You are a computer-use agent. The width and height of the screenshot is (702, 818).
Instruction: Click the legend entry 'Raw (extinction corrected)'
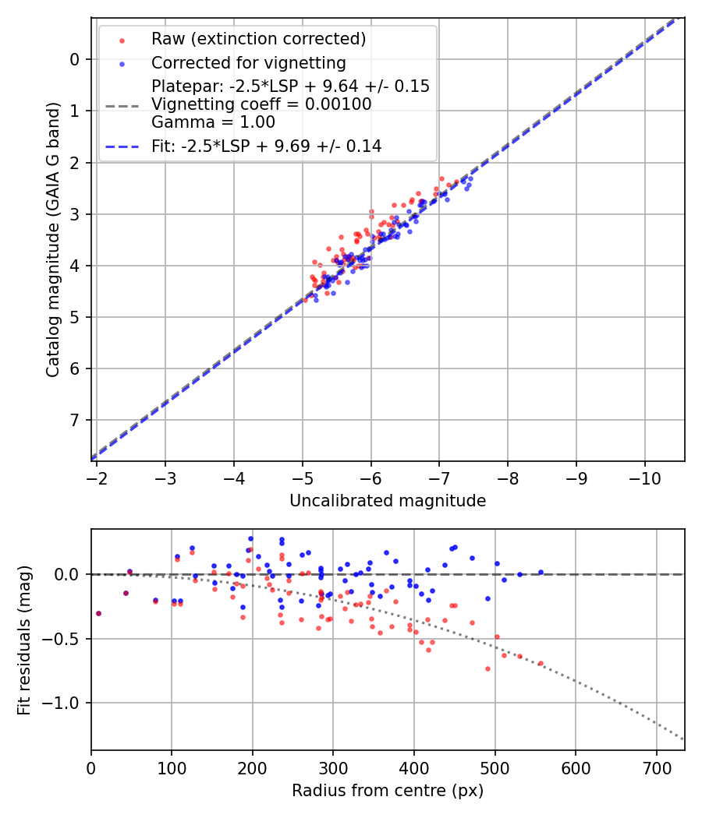[x=258, y=39]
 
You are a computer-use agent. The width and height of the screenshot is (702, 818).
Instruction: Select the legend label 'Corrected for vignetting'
[x=249, y=62]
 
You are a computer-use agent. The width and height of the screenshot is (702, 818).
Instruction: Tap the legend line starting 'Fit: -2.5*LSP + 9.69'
[x=266, y=146]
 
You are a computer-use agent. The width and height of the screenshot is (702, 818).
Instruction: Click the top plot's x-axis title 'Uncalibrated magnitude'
[x=388, y=501]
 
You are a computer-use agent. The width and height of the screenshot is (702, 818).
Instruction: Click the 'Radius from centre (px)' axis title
[x=388, y=791]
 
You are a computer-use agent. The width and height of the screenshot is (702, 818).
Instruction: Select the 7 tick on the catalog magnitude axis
[x=74, y=420]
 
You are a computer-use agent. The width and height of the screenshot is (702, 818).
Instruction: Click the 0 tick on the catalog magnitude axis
[x=74, y=59]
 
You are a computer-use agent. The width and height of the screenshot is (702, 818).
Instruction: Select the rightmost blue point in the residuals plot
[x=541, y=572]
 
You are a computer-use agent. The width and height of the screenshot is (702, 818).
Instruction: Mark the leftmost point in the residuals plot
[x=98, y=613]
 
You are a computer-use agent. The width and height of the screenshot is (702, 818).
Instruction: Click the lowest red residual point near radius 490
[x=487, y=668]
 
